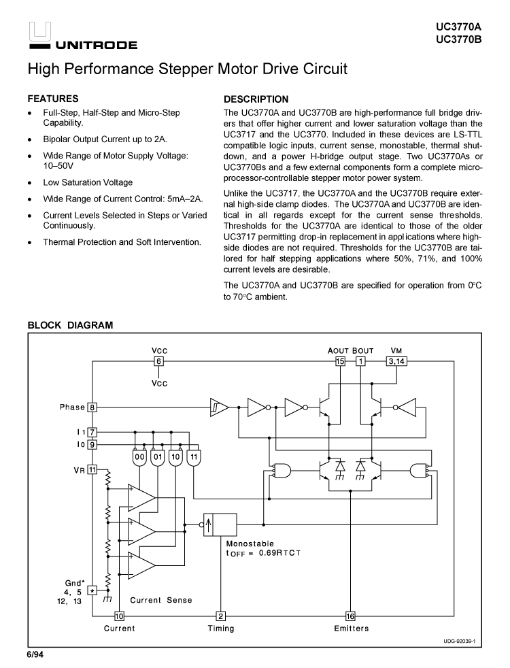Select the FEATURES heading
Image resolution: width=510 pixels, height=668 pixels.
point(52,99)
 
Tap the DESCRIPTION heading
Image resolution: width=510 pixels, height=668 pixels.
point(256,99)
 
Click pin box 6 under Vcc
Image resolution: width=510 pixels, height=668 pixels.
point(158,361)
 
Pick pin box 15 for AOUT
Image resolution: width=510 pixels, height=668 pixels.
point(340,361)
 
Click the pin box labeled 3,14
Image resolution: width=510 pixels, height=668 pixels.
point(397,361)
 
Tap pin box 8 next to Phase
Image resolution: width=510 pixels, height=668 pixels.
point(92,407)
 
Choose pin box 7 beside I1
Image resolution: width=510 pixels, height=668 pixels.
point(92,432)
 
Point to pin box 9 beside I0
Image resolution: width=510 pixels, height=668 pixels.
point(92,444)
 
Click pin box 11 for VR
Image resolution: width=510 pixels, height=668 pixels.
point(92,469)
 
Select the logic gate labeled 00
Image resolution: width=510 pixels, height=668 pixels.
point(139,458)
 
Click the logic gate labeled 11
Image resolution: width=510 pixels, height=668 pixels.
point(194,458)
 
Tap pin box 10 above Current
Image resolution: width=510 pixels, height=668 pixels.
point(119,616)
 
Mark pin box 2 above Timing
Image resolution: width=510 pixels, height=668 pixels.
point(220,616)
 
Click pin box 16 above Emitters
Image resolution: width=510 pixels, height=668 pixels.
point(350,616)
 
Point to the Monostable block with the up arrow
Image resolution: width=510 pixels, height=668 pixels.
point(220,524)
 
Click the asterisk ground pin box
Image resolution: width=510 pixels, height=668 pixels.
point(92,591)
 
